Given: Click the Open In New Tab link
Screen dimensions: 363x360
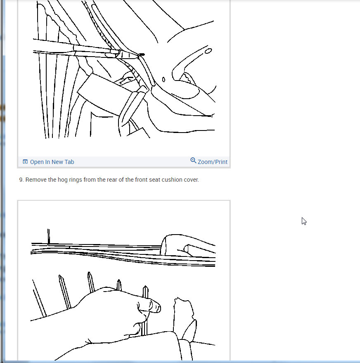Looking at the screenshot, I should [52, 162].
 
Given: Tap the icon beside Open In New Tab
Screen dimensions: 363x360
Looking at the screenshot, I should [25, 162].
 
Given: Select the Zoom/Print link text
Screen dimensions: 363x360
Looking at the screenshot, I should [212, 162].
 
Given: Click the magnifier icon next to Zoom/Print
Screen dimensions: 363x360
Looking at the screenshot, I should [193, 161].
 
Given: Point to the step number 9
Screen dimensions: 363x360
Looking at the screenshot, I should [21, 180].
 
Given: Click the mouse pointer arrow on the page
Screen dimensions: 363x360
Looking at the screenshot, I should [304, 221].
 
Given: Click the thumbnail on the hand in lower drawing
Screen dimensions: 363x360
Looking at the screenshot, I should [155, 306].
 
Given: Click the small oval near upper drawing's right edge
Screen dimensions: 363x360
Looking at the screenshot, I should [208, 51].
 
